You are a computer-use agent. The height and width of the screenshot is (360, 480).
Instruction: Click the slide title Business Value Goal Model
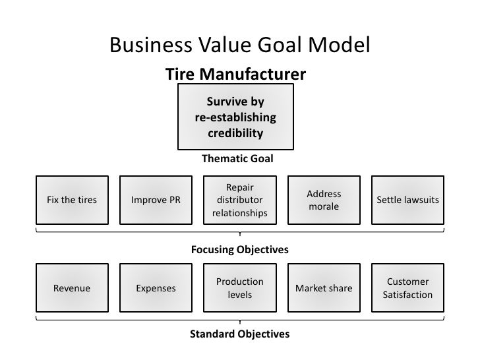pyautogui.click(x=239, y=45)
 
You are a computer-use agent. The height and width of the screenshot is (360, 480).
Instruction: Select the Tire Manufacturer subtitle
pyautogui.click(x=235, y=74)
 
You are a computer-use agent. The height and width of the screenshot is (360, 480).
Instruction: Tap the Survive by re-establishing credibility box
pyautogui.click(x=235, y=117)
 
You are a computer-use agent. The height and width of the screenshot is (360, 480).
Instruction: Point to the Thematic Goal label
pyautogui.click(x=237, y=159)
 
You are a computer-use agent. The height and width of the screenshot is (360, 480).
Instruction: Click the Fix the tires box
pyautogui.click(x=72, y=200)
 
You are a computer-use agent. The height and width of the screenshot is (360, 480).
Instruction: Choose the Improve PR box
pyautogui.click(x=156, y=200)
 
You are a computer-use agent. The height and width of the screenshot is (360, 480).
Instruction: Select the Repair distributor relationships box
pyautogui.click(x=239, y=200)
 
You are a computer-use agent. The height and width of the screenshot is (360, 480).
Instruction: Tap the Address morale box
pyautogui.click(x=324, y=200)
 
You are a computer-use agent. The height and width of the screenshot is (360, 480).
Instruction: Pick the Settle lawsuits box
pyautogui.click(x=407, y=200)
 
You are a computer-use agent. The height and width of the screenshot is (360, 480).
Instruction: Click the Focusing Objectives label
pyautogui.click(x=239, y=251)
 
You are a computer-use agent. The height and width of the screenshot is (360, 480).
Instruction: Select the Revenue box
pyautogui.click(x=72, y=288)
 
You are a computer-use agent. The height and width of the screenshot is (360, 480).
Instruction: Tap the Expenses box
pyautogui.click(x=156, y=288)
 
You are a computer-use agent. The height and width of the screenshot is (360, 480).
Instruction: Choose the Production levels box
pyautogui.click(x=239, y=288)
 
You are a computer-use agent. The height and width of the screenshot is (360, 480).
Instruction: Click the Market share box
pyautogui.click(x=324, y=288)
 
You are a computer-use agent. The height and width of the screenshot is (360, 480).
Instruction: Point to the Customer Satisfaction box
pyautogui.click(x=407, y=288)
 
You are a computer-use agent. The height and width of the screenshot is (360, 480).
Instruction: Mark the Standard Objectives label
pyautogui.click(x=239, y=334)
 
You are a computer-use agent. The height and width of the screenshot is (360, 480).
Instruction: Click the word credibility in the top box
pyautogui.click(x=235, y=134)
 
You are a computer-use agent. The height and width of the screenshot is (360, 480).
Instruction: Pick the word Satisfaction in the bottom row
pyautogui.click(x=407, y=295)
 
